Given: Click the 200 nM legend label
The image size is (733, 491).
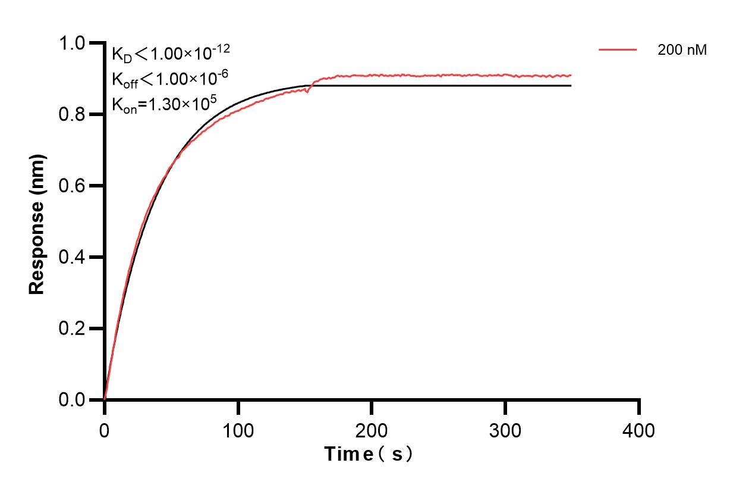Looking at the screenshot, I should [682, 51].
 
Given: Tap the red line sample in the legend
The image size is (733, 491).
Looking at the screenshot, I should [618, 51].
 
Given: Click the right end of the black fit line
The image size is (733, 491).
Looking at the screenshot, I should [570, 86].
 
